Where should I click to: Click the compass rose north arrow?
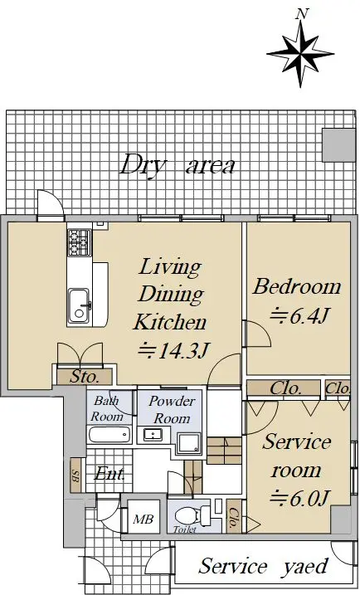pyautogui.click(x=300, y=54)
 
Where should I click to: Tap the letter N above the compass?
pyautogui.click(x=302, y=14)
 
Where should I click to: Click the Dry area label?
pyautogui.click(x=178, y=165)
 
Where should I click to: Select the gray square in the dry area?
pyautogui.click(x=338, y=145)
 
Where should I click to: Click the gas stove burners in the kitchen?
pyautogui.click(x=80, y=242)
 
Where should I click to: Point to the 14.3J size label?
pyautogui.click(x=173, y=350)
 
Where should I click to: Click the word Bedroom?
pyautogui.click(x=297, y=287)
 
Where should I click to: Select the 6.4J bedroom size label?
pyautogui.click(x=299, y=315)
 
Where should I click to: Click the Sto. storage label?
pyautogui.click(x=85, y=377)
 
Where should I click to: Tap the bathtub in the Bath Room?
pyautogui.click(x=109, y=435)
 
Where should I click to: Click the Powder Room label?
pyautogui.click(x=172, y=410)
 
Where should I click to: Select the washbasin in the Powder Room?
pyautogui.click(x=153, y=435)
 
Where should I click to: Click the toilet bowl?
pyautogui.click(x=189, y=515)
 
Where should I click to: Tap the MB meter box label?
pyautogui.click(x=143, y=519)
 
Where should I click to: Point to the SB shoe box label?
pyautogui.click(x=75, y=476)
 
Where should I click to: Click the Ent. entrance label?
pyautogui.click(x=109, y=473)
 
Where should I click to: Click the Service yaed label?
pyautogui.click(x=263, y=566)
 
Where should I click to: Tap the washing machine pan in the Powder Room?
pyautogui.click(x=189, y=443)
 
